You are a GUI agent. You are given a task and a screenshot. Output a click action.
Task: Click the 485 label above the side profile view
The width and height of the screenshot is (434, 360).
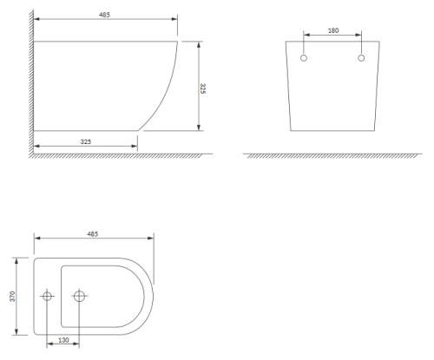(x=104, y=15)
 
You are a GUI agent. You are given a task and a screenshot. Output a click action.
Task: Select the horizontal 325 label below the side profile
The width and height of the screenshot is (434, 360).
(x=86, y=141)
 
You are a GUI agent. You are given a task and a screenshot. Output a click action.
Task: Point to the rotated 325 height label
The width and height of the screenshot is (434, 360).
(x=203, y=88)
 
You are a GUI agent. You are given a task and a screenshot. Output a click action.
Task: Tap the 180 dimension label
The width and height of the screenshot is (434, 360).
(x=333, y=30)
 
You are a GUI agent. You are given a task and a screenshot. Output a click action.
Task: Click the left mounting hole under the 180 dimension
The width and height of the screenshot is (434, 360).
(x=304, y=58)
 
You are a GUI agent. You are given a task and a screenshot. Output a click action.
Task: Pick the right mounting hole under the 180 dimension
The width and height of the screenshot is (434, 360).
(x=361, y=58)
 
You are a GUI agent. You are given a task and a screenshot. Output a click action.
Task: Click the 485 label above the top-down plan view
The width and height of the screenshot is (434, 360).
(x=93, y=233)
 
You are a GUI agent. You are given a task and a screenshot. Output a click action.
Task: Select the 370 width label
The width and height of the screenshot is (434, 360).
(x=12, y=297)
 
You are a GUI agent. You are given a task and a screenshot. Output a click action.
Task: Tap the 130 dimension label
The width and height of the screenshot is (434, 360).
(x=63, y=340)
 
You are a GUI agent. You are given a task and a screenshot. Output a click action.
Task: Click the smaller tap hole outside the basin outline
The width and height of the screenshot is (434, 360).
(x=47, y=296)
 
